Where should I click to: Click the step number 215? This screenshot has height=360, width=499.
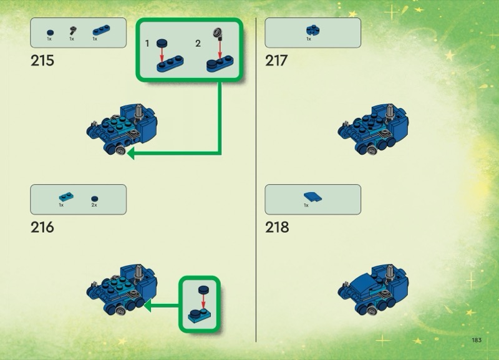click(x=42, y=61)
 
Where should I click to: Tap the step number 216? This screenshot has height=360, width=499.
click(x=42, y=227)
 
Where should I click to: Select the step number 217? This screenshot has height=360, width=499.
click(x=276, y=61)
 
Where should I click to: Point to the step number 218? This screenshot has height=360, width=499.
click(x=277, y=227)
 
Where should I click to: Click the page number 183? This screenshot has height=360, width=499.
click(x=477, y=340)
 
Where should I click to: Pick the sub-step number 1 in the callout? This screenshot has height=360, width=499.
click(x=147, y=43)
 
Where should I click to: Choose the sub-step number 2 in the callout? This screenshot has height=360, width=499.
click(x=198, y=43)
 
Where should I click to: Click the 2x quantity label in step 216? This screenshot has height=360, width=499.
click(x=94, y=205)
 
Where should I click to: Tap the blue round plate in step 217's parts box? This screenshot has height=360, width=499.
click(x=313, y=30)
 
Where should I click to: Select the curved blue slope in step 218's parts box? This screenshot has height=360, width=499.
click(x=312, y=197)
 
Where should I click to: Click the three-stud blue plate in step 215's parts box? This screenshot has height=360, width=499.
click(x=101, y=30)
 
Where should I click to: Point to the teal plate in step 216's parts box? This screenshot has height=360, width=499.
click(x=66, y=197)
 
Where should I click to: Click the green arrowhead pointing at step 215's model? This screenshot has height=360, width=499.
click(x=131, y=153)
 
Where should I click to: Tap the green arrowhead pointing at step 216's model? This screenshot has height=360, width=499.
click(x=147, y=306)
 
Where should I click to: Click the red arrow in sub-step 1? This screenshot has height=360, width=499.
click(x=162, y=55)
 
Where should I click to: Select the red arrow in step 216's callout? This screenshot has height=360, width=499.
click(x=203, y=301)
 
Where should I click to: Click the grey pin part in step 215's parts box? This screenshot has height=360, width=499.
click(x=72, y=31)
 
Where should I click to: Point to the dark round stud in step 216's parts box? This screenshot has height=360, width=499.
click(x=95, y=198)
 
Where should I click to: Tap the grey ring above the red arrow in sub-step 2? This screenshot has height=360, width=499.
click(x=217, y=32)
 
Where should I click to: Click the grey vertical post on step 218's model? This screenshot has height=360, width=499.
click(x=389, y=273)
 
